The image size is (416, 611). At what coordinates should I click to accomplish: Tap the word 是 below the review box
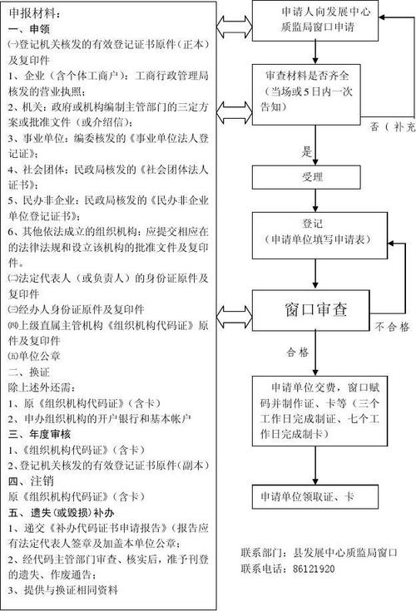tap(306, 150)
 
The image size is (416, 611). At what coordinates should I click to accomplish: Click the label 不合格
tap(391, 327)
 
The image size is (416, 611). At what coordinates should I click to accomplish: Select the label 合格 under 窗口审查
tap(297, 351)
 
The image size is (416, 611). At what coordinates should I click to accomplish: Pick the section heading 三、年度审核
tap(38, 433)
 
